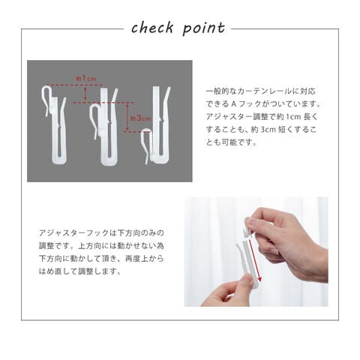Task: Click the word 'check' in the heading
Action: click(152, 28)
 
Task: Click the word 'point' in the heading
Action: click(204, 28)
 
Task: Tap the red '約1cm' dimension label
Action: click(86, 79)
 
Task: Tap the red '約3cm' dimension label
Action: click(141, 118)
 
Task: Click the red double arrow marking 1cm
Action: click(85, 94)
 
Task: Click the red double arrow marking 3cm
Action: click(127, 117)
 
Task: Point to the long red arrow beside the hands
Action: click(254, 260)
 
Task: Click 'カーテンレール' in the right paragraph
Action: click(265, 91)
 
